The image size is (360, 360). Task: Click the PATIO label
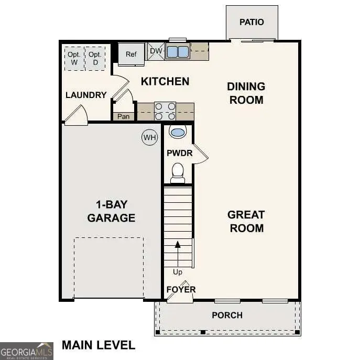tap(252, 22)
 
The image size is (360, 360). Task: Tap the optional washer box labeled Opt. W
tap(74, 58)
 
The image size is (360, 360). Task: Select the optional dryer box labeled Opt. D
tap(95, 58)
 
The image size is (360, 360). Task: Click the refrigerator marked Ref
tap(131, 54)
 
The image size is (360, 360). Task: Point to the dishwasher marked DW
tap(156, 51)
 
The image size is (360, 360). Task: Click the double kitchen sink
tap(178, 52)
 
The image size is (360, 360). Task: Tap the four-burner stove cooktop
tap(165, 111)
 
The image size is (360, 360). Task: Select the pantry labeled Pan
tap(123, 116)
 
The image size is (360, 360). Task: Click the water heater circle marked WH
tap(150, 138)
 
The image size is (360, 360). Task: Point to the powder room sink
tap(178, 132)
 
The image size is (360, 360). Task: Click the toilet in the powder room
tap(178, 172)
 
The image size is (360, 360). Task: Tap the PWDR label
tap(179, 154)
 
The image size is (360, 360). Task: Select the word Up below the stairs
tap(178, 272)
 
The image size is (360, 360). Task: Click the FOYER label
tap(181, 290)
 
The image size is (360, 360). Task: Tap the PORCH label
tap(227, 315)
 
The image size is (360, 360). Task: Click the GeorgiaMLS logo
tap(26, 351)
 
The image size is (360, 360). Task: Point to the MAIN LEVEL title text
tap(99, 345)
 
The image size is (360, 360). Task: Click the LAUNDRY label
tap(86, 95)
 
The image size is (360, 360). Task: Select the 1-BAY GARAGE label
tap(111, 211)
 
